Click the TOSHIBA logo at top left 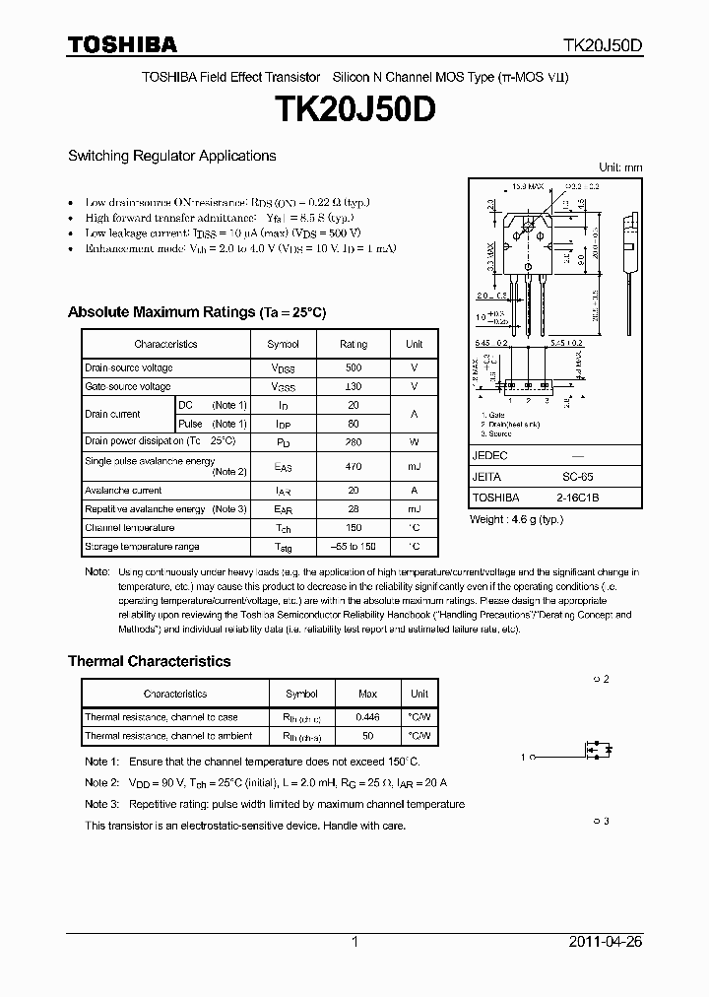click(x=122, y=44)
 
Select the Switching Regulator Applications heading click(x=171, y=156)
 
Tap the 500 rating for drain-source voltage click(x=353, y=367)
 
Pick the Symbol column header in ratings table click(x=283, y=344)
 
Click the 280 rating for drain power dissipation click(x=353, y=441)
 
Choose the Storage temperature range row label click(x=142, y=546)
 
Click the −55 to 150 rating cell click(x=353, y=546)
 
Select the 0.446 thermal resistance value click(x=368, y=717)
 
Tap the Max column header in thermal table click(x=368, y=694)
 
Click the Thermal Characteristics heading click(x=149, y=661)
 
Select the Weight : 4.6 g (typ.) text click(x=516, y=518)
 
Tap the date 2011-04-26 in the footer click(x=606, y=942)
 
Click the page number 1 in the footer click(x=354, y=942)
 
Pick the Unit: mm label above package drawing click(x=620, y=167)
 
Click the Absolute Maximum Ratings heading click(x=196, y=312)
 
